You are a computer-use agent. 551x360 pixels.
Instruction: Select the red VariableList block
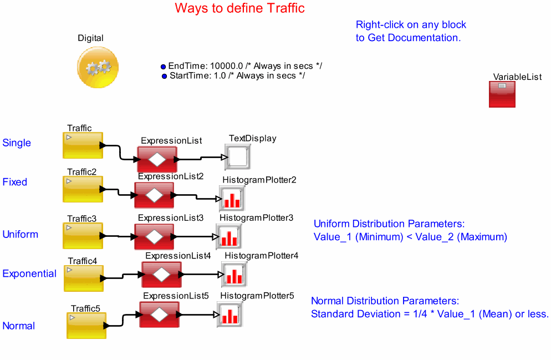(502, 94)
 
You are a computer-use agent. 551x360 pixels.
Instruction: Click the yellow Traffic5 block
(86, 326)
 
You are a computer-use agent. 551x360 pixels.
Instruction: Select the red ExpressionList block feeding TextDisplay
(157, 159)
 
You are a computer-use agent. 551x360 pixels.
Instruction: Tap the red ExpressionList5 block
(159, 315)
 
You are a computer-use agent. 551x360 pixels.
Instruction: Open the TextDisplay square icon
(238, 158)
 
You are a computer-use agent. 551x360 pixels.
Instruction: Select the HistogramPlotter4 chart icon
(234, 275)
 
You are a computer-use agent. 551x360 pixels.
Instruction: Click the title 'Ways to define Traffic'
(239, 8)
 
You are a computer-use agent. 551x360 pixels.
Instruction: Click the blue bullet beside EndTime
(163, 66)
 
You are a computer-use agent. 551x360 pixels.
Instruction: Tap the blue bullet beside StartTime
(164, 76)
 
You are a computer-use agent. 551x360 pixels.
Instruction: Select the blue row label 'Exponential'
(29, 273)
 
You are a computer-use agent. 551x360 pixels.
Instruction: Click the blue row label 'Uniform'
(21, 234)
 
